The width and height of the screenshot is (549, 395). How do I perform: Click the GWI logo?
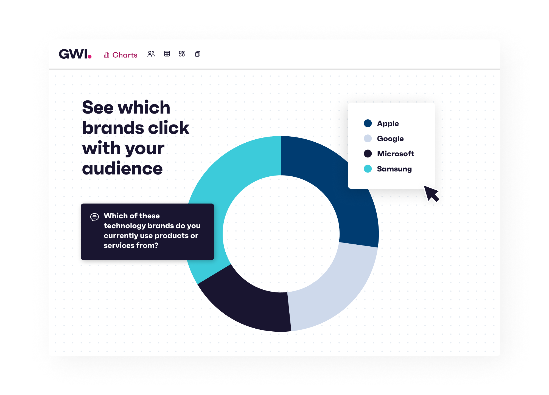[75, 54]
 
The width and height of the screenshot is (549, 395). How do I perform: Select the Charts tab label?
[125, 55]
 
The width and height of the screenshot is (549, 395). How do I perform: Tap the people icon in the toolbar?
[151, 54]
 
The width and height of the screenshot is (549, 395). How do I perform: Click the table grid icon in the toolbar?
[167, 54]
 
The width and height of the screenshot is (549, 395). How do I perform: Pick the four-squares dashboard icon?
[182, 54]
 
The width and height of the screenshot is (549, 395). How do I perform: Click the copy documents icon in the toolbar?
[198, 54]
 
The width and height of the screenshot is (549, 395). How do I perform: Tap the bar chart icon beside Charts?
[107, 55]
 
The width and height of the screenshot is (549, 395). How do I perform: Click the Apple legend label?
[388, 123]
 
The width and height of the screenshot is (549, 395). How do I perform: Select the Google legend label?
[390, 139]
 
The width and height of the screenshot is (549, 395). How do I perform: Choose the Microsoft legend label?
[395, 154]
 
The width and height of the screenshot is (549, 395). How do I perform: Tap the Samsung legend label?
[394, 169]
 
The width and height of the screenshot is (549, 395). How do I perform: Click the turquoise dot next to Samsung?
[368, 169]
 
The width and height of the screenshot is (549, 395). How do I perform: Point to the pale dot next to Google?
[368, 139]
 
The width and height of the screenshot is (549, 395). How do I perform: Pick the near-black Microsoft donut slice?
[247, 304]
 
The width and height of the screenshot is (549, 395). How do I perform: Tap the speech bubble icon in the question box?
[94, 217]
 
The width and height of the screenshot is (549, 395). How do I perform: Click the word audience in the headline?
[122, 168]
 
